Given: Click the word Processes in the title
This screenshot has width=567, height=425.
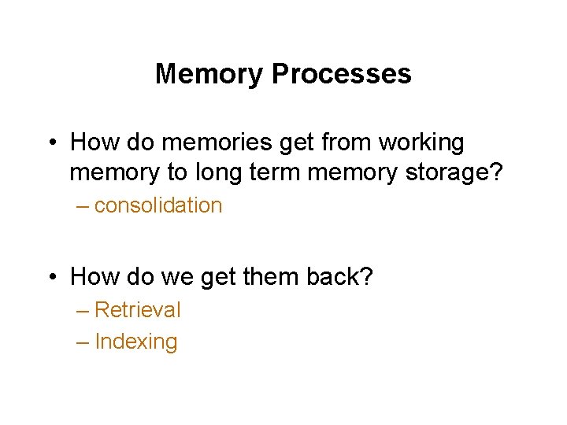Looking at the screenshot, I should click(x=342, y=74).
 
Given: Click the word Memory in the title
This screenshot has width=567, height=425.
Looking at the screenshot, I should click(x=210, y=74).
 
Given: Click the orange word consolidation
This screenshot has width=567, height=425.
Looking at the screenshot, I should click(x=158, y=206).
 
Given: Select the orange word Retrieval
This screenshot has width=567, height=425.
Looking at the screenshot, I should click(x=137, y=310).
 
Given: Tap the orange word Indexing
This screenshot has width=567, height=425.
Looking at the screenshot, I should click(x=135, y=342).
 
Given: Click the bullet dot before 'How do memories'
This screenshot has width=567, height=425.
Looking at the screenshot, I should click(x=51, y=144).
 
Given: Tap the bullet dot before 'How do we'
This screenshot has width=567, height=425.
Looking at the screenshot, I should click(x=51, y=277).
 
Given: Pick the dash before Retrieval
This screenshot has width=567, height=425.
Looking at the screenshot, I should click(x=83, y=311).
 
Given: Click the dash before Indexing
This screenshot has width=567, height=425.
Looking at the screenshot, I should click(x=83, y=342).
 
